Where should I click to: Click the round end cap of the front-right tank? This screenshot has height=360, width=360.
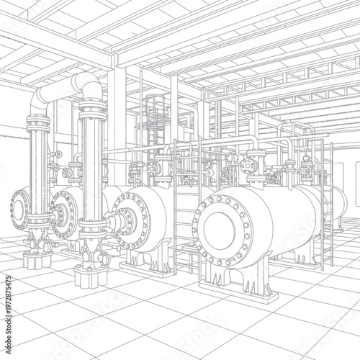[224, 230]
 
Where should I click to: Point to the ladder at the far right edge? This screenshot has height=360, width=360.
[328, 205]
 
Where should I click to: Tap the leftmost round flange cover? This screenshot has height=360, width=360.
[20, 211]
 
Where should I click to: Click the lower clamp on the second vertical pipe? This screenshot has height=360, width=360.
[92, 231]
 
